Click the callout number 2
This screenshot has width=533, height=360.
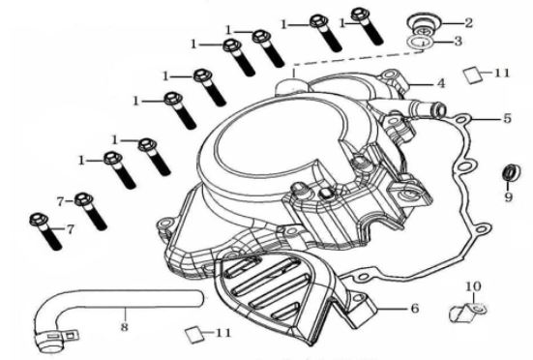coord(469,23)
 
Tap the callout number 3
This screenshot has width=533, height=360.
coord(459,42)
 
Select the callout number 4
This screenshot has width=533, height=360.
coord(441,83)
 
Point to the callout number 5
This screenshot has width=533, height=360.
coord(507,118)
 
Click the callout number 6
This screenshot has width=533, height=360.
coord(415,309)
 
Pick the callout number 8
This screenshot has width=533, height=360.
coord(125,327)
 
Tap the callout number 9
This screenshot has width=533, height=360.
coord(509,196)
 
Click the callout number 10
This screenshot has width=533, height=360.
coord(473,286)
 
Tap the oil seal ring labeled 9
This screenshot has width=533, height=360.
coord(512,172)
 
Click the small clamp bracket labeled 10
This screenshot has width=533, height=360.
coord(468,312)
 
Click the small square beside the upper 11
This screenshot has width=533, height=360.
coord(473,75)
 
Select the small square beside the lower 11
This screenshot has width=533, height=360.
coord(194,335)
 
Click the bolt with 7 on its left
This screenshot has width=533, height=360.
coord(90,211)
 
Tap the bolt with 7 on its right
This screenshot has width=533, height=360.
coord(45,231)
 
